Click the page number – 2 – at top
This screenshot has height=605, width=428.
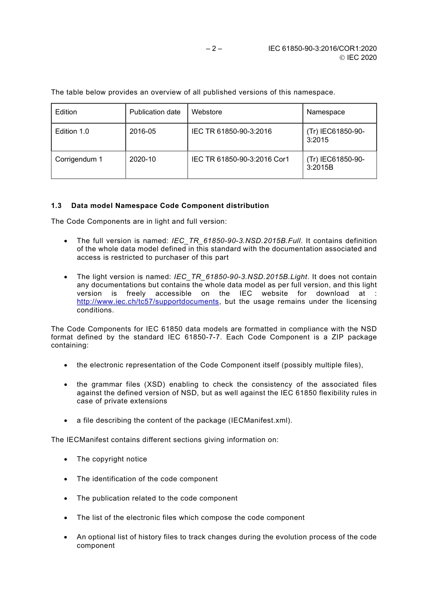[214, 49]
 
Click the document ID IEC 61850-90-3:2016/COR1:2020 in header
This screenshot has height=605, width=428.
[322, 49]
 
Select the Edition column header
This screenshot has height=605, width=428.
[66, 112]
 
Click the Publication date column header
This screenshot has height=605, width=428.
[155, 112]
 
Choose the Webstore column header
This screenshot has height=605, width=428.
[206, 112]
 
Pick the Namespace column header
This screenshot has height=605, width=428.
[325, 112]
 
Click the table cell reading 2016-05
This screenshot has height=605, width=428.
[142, 131]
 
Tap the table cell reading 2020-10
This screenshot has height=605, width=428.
[142, 159]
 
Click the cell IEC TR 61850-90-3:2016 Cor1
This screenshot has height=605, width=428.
[240, 159]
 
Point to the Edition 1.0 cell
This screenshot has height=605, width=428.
[72, 131]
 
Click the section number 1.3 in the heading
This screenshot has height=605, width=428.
[56, 206]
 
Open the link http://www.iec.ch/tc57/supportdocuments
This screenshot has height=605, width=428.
[147, 302]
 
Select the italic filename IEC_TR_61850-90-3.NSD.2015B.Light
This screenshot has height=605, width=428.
[240, 277]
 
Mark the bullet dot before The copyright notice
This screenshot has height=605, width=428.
[66, 460]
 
